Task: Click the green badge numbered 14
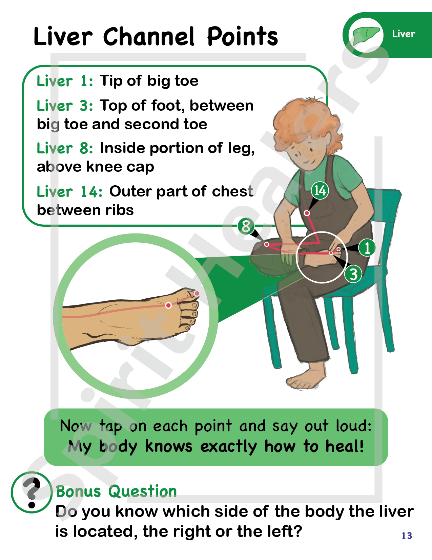pos(320,190)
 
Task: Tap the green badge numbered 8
pos(246,226)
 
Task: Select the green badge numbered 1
pos(367,248)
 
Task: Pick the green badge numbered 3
pos(353,274)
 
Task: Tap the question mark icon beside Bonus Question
pos(32,492)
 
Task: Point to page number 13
pos(407,536)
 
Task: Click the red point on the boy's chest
pos(307,213)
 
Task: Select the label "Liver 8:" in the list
pos(65,148)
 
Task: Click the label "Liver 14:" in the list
pos(69,192)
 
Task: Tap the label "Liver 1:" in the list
pos(65,81)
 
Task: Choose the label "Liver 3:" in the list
pos(65,106)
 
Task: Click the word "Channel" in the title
pos(148,37)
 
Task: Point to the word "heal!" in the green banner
pos(345,446)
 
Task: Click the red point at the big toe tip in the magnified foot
pos(197,293)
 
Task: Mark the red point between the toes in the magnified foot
pos(168,305)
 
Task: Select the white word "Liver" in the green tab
pos(404,34)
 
